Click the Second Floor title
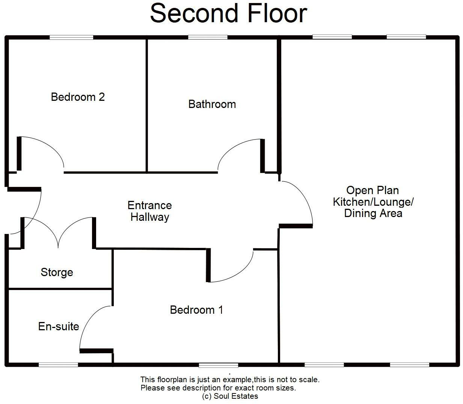pyautogui.click(x=229, y=14)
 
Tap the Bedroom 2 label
pyautogui.click(x=78, y=97)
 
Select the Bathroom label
pyautogui.click(x=212, y=104)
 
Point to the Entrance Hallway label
pyautogui.click(x=149, y=211)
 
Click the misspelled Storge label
pyautogui.click(x=57, y=272)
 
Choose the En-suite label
pyautogui.click(x=59, y=327)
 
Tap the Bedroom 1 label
pyautogui.click(x=196, y=310)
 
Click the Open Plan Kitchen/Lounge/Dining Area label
pyautogui.click(x=373, y=202)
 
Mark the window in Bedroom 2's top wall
pyautogui.click(x=71, y=37)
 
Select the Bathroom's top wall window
pyautogui.click(x=208, y=37)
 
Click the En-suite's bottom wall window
pyautogui.click(x=58, y=365)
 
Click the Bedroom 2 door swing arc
pyautogui.click(x=51, y=145)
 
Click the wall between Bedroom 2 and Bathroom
pyautogui.click(x=147, y=105)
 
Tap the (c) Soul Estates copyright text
pyautogui.click(x=230, y=396)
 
